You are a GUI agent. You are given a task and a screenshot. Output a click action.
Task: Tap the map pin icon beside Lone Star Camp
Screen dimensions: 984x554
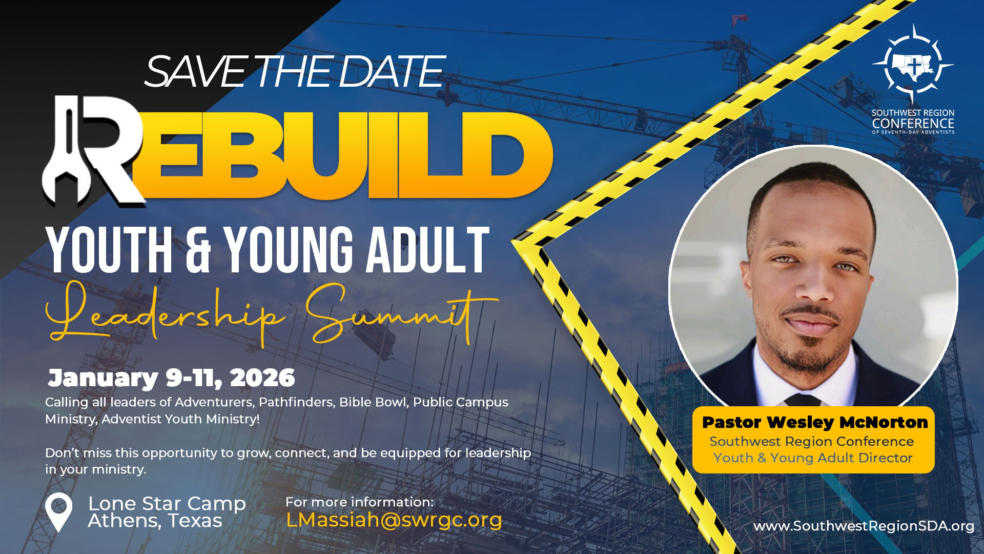click(x=58, y=512)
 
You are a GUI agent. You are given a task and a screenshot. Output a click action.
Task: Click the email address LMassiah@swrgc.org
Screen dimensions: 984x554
click(x=394, y=520)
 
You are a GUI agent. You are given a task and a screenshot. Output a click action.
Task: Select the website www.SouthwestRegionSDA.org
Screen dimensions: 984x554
click(x=864, y=526)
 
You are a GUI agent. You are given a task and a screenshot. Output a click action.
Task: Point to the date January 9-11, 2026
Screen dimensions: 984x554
click(x=171, y=378)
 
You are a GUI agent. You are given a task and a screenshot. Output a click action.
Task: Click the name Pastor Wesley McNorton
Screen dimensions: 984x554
click(x=814, y=423)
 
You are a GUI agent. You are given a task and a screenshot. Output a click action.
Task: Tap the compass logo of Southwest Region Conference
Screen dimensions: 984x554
click(x=913, y=65)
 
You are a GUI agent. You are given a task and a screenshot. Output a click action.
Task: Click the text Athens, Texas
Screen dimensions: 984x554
click(x=155, y=521)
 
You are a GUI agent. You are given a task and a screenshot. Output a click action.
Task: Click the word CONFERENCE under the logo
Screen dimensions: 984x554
click(x=913, y=124)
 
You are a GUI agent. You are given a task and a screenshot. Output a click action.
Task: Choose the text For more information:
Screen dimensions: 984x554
click(x=359, y=502)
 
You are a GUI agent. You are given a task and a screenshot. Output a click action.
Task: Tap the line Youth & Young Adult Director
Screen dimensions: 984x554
click(x=813, y=458)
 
